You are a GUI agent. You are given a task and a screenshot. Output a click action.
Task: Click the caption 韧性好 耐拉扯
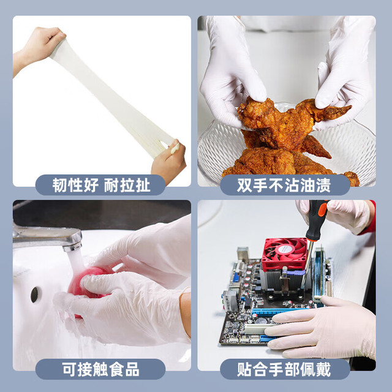[x=101, y=185]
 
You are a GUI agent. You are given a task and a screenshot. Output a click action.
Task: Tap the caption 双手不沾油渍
[x=284, y=185]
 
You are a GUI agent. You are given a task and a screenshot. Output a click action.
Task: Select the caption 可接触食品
[x=100, y=369]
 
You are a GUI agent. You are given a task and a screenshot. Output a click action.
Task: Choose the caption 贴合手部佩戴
[x=284, y=369]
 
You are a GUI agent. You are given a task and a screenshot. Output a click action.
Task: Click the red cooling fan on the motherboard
[x=285, y=252]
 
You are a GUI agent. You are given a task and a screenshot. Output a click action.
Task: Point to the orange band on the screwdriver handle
[x=323, y=209]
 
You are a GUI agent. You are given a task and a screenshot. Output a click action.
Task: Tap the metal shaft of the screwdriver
[x=307, y=265]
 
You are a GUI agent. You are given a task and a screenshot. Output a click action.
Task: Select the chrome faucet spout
[x=48, y=238]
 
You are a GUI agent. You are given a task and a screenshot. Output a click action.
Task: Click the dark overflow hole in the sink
[x=34, y=295]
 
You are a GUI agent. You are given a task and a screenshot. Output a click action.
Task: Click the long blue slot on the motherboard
[x=280, y=311]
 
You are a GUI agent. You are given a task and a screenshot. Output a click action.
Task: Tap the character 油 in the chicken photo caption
[x=308, y=185]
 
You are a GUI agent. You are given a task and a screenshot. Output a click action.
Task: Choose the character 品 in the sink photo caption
[x=132, y=369]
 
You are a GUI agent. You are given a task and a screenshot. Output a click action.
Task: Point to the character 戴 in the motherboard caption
[x=323, y=369]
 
